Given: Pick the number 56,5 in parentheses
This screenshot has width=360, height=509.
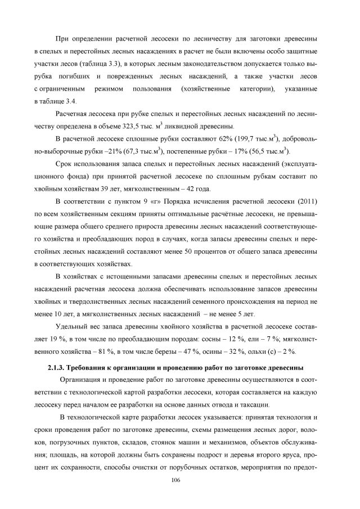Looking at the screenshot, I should tap(277, 151).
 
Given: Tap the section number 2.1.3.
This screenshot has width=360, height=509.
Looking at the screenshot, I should tap(56, 368).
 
